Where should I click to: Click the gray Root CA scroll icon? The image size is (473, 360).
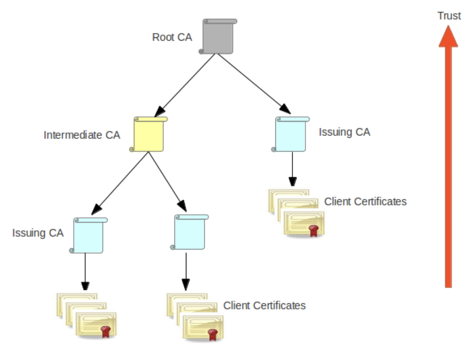(218, 37)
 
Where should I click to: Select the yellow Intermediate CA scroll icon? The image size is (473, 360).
(148, 134)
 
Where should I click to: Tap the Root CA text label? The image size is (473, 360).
(172, 37)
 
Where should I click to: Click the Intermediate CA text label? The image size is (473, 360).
(82, 135)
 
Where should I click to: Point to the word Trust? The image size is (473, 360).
(449, 16)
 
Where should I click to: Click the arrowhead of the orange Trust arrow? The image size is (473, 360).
(448, 37)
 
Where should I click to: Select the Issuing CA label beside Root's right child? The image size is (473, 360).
(344, 132)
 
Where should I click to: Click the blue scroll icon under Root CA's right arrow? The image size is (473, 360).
(291, 134)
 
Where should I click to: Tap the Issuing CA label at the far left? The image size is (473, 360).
(38, 233)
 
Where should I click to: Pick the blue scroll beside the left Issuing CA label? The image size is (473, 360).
(88, 235)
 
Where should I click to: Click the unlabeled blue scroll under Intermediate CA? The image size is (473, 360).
(189, 232)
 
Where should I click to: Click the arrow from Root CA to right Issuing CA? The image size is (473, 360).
(253, 83)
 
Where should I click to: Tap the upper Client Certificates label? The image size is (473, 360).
(365, 201)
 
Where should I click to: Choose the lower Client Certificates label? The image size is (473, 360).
(264, 306)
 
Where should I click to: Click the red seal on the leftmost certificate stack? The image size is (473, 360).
(105, 331)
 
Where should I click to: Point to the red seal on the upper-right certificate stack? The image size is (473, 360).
(313, 230)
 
